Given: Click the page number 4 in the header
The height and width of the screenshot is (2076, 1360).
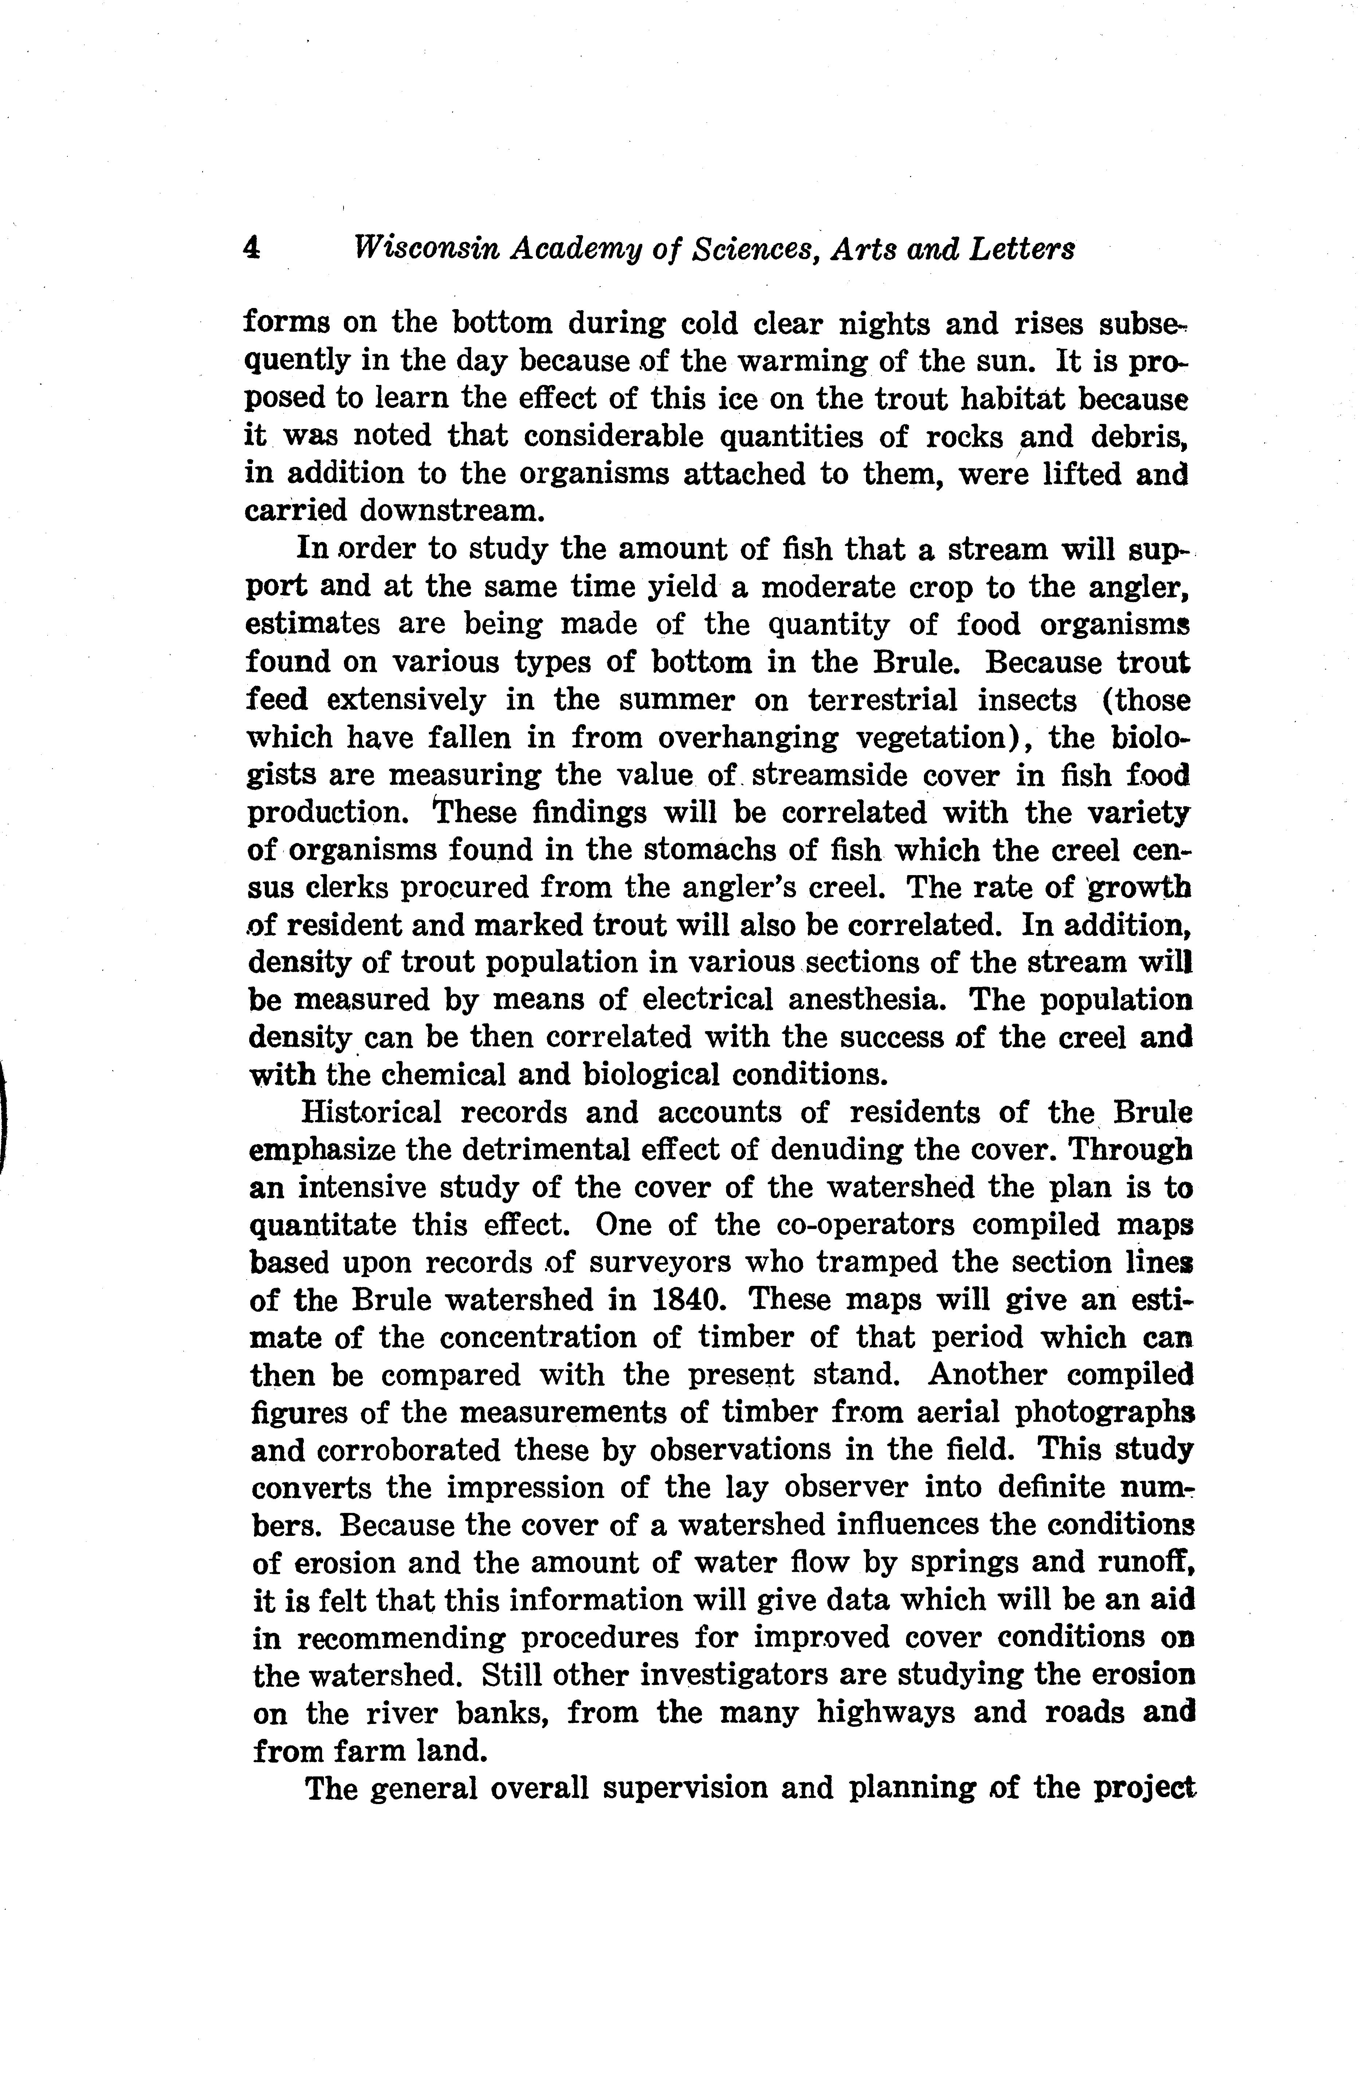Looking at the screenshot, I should (x=251, y=249).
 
